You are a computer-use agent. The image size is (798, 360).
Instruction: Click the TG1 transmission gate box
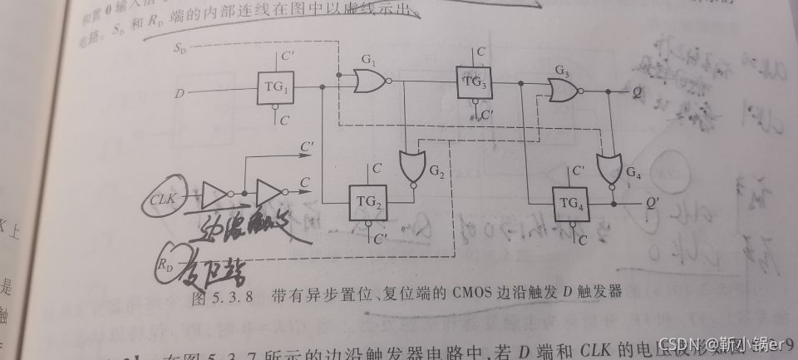click(275, 87)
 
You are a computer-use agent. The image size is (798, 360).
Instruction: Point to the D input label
click(179, 93)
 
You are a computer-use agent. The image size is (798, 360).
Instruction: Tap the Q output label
click(636, 93)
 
